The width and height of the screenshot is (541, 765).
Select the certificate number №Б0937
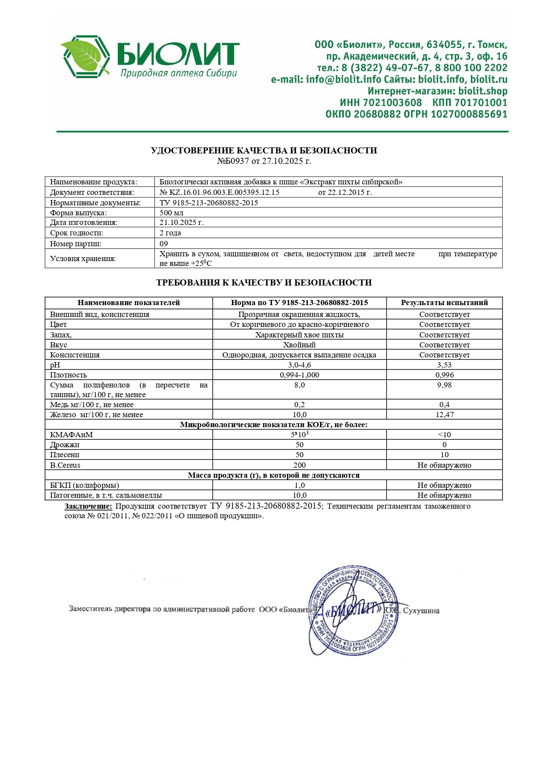click(x=233, y=161)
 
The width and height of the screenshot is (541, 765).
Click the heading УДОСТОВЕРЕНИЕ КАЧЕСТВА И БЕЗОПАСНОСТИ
click(x=264, y=150)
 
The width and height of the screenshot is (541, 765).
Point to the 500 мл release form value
click(x=171, y=213)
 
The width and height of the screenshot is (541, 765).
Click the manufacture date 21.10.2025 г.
click(x=181, y=222)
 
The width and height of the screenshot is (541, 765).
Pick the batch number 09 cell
click(x=164, y=244)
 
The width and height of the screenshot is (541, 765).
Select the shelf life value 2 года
click(x=170, y=233)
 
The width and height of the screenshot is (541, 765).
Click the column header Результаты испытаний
click(x=444, y=303)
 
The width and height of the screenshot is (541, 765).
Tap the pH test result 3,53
click(x=444, y=365)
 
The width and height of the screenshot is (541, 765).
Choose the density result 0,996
click(x=444, y=375)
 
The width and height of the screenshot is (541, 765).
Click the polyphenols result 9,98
click(x=444, y=385)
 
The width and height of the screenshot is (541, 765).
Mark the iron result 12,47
click(x=444, y=415)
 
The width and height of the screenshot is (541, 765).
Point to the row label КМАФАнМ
click(x=71, y=435)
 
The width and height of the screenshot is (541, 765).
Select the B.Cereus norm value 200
click(x=299, y=465)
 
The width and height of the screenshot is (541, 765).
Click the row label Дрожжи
click(x=65, y=445)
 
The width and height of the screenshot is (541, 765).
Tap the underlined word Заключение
click(x=88, y=506)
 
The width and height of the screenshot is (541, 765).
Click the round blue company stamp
click(x=353, y=610)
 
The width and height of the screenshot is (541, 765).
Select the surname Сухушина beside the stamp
click(x=421, y=611)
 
